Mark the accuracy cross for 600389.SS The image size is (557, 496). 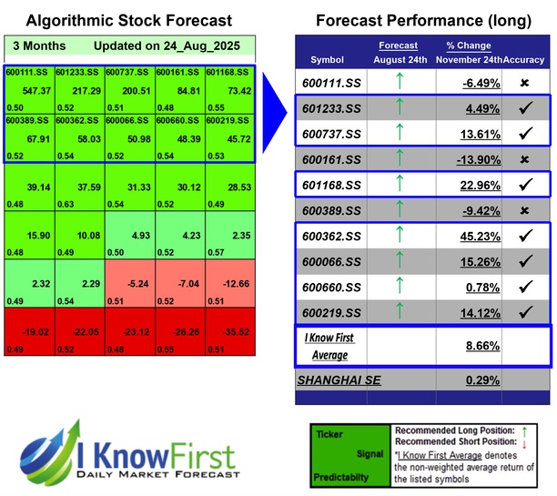coord(525,210)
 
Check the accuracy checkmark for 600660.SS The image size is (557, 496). coord(525,287)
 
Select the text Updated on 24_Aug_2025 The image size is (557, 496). coord(156,46)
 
